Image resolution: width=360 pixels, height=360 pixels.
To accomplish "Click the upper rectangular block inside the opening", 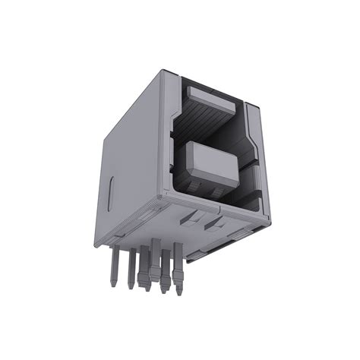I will (210, 97).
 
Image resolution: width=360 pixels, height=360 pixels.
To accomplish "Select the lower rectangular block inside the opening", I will (211, 162).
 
